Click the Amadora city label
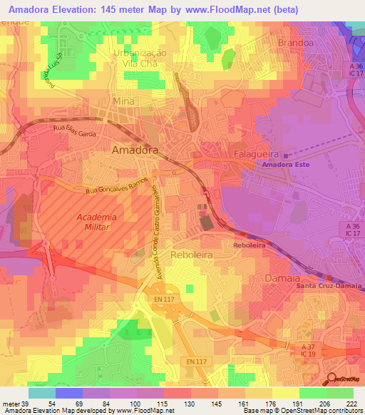click(135, 150)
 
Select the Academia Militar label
click(96, 222)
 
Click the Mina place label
click(123, 102)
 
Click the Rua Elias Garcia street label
click(75, 130)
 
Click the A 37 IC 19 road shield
click(307, 350)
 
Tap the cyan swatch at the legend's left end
click(42, 393)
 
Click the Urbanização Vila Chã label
click(139, 58)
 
